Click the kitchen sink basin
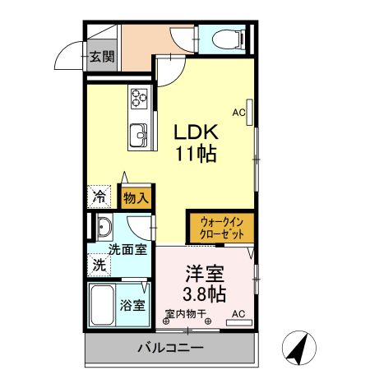click(137, 132)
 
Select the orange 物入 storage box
click(136, 197)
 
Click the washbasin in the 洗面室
click(104, 228)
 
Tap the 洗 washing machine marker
click(99, 266)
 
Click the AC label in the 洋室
click(238, 314)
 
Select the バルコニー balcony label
click(170, 349)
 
